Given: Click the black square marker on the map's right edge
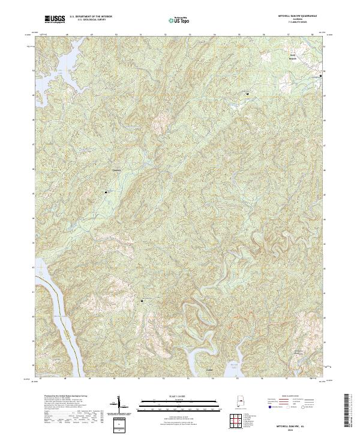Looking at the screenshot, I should pos(320,76).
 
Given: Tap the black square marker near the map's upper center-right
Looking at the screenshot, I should pos(247,93).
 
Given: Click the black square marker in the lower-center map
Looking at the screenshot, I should pos(142,300).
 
